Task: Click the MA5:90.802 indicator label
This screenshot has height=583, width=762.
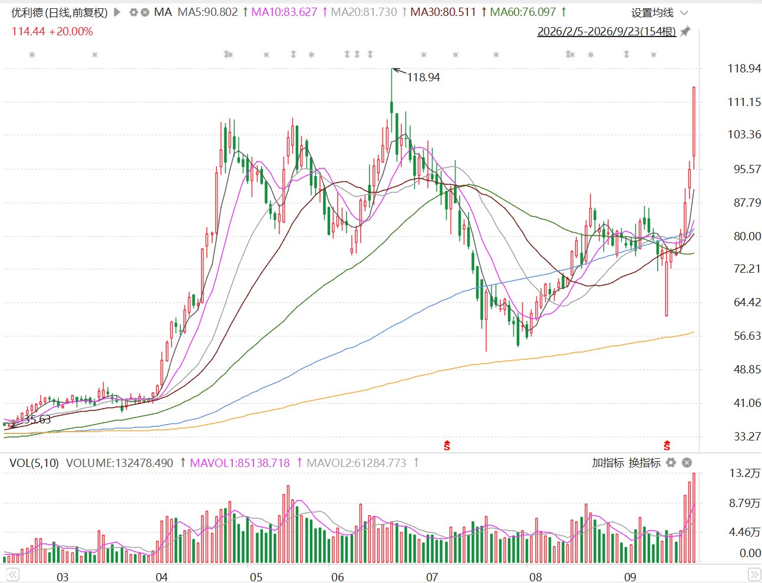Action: pos(207,12)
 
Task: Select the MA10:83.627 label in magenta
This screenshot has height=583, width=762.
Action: pos(284,12)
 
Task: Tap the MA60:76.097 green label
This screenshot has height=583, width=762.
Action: pos(523,12)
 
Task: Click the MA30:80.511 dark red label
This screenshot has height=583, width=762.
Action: pos(443,12)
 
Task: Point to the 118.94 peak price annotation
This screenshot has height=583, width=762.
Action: pos(423,77)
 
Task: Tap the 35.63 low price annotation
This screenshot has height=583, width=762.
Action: pos(37,419)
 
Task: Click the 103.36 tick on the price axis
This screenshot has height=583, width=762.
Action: pos(744,134)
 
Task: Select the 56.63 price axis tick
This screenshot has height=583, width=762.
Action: pos(747,336)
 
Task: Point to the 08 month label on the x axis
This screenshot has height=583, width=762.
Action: pos(536,577)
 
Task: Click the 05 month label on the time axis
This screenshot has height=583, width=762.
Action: pos(256,577)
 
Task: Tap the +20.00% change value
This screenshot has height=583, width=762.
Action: pos(71,32)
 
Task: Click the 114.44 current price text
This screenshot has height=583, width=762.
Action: pos(28,32)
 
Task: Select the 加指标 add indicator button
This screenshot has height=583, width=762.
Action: pos(608,463)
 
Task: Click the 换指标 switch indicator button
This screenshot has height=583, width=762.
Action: pos(645,463)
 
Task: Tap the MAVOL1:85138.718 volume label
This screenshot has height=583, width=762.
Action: pos(240,463)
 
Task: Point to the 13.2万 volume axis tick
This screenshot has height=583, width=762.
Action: pos(745,473)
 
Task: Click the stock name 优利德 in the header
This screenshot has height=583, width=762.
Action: pos(27,13)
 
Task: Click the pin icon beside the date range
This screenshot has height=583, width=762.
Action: pos(685,32)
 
